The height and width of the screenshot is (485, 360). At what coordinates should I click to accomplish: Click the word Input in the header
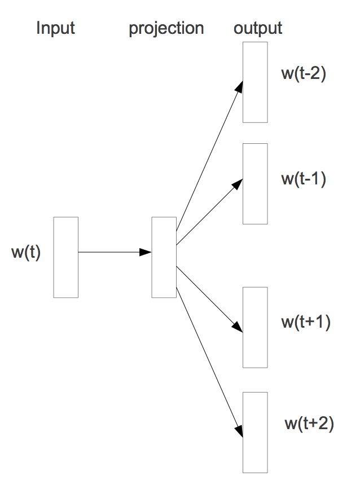pyautogui.click(x=55, y=28)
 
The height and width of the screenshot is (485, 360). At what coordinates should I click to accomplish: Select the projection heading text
pyautogui.click(x=166, y=29)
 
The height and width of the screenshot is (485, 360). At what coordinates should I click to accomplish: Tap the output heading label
pyautogui.click(x=258, y=28)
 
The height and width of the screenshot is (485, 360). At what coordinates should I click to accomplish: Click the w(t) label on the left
pyautogui.click(x=26, y=252)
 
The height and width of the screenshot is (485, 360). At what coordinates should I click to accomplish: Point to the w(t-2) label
pyautogui.click(x=304, y=74)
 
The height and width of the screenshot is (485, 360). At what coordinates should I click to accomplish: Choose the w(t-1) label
pyautogui.click(x=304, y=180)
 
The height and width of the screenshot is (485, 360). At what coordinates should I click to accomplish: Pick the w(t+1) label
pyautogui.click(x=305, y=323)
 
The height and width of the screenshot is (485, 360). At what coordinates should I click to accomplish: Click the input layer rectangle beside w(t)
pyautogui.click(x=65, y=257)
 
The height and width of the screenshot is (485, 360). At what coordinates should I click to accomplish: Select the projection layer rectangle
pyautogui.click(x=164, y=257)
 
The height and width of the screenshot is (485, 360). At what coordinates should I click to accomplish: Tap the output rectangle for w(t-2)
pyautogui.click(x=255, y=82)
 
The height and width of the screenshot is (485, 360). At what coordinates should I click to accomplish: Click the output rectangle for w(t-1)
pyautogui.click(x=255, y=184)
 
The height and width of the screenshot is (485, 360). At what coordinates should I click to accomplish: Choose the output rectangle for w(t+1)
pyautogui.click(x=255, y=327)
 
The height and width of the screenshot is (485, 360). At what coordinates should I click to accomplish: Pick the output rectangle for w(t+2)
pyautogui.click(x=255, y=432)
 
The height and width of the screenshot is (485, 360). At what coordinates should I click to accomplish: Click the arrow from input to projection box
pyautogui.click(x=113, y=252)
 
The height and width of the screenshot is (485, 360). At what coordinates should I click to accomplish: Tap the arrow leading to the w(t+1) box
pyautogui.click(x=209, y=298)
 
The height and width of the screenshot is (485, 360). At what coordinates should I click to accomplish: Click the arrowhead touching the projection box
pyautogui.click(x=147, y=252)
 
